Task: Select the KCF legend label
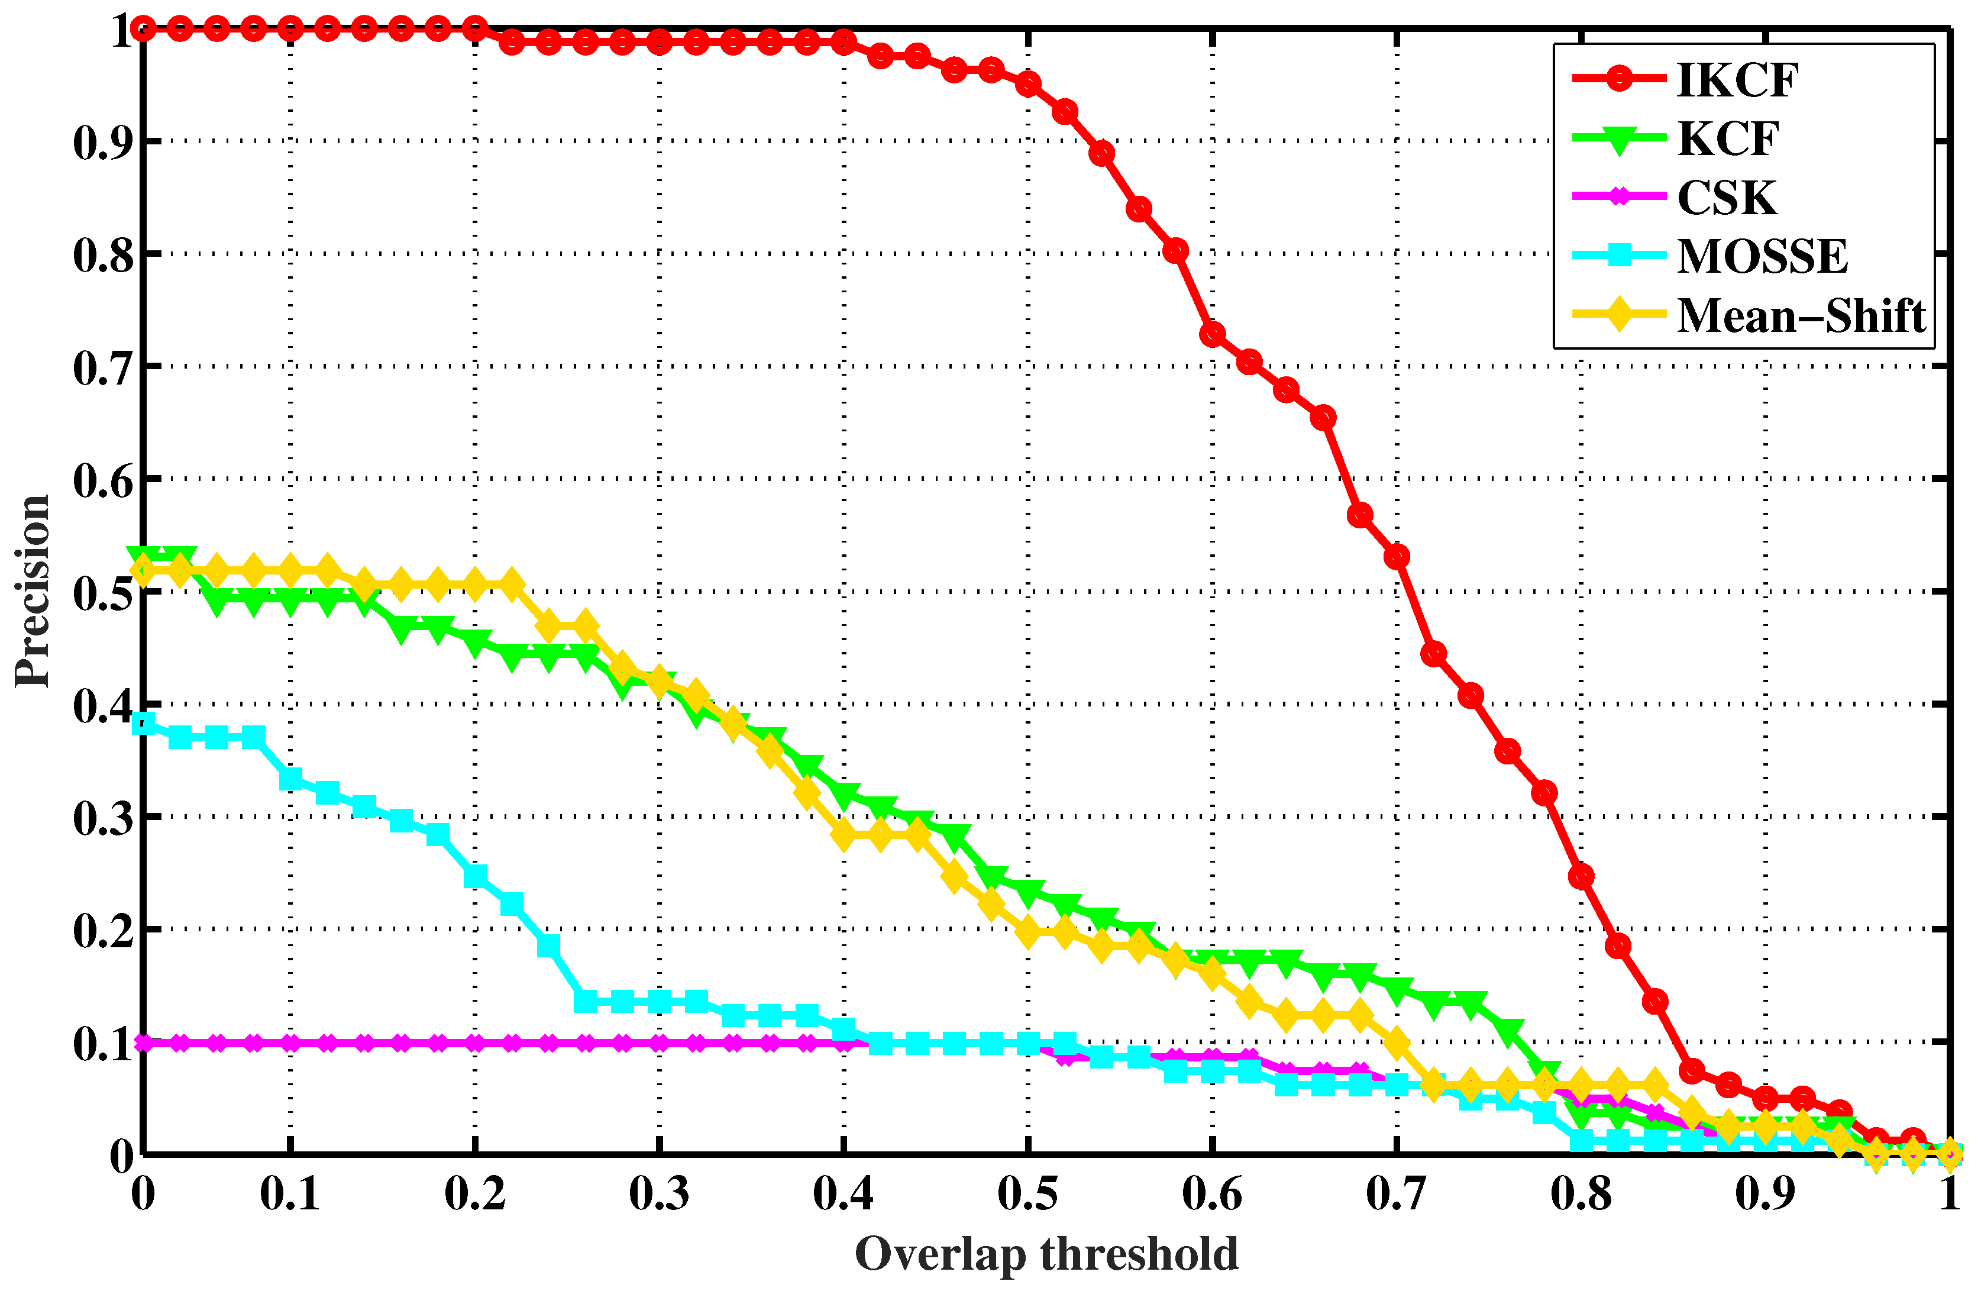(1727, 139)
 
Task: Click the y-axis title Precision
(33, 591)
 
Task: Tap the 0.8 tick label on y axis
(103, 254)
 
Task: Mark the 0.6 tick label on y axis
(103, 481)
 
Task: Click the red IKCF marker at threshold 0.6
(1212, 334)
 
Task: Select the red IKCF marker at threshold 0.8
(1581, 876)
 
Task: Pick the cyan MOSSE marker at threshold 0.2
(474, 876)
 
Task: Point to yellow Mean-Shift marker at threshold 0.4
(844, 833)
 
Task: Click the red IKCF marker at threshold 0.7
(1397, 556)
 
